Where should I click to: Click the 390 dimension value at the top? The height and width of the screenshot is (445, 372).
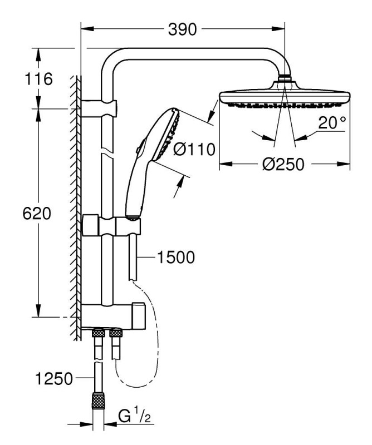pyautogui.click(x=182, y=29)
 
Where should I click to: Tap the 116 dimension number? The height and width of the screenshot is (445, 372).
pyautogui.click(x=38, y=78)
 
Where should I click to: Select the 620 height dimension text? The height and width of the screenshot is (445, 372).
pyautogui.click(x=37, y=214)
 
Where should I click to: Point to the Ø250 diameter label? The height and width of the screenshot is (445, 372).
pyautogui.click(x=283, y=164)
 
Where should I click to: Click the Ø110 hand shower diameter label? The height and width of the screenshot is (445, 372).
pyautogui.click(x=194, y=149)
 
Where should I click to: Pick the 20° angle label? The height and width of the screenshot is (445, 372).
pyautogui.click(x=332, y=122)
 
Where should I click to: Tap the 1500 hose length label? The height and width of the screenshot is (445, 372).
pyautogui.click(x=176, y=257)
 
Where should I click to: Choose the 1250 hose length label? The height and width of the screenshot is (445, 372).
pyautogui.click(x=54, y=378)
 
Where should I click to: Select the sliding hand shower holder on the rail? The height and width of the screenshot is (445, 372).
pyautogui.click(x=111, y=226)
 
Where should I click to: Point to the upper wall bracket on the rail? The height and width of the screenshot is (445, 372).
pyautogui.click(x=99, y=108)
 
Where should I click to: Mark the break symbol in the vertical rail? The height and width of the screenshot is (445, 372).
pyautogui.click(x=107, y=151)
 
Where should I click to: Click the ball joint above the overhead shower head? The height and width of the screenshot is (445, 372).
pyautogui.click(x=285, y=78)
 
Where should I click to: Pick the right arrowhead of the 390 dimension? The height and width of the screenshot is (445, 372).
pyautogui.click(x=278, y=29)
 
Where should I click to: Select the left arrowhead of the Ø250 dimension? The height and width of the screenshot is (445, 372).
pyautogui.click(x=226, y=164)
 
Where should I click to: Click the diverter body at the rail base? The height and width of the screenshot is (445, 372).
pyautogui.click(x=114, y=317)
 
